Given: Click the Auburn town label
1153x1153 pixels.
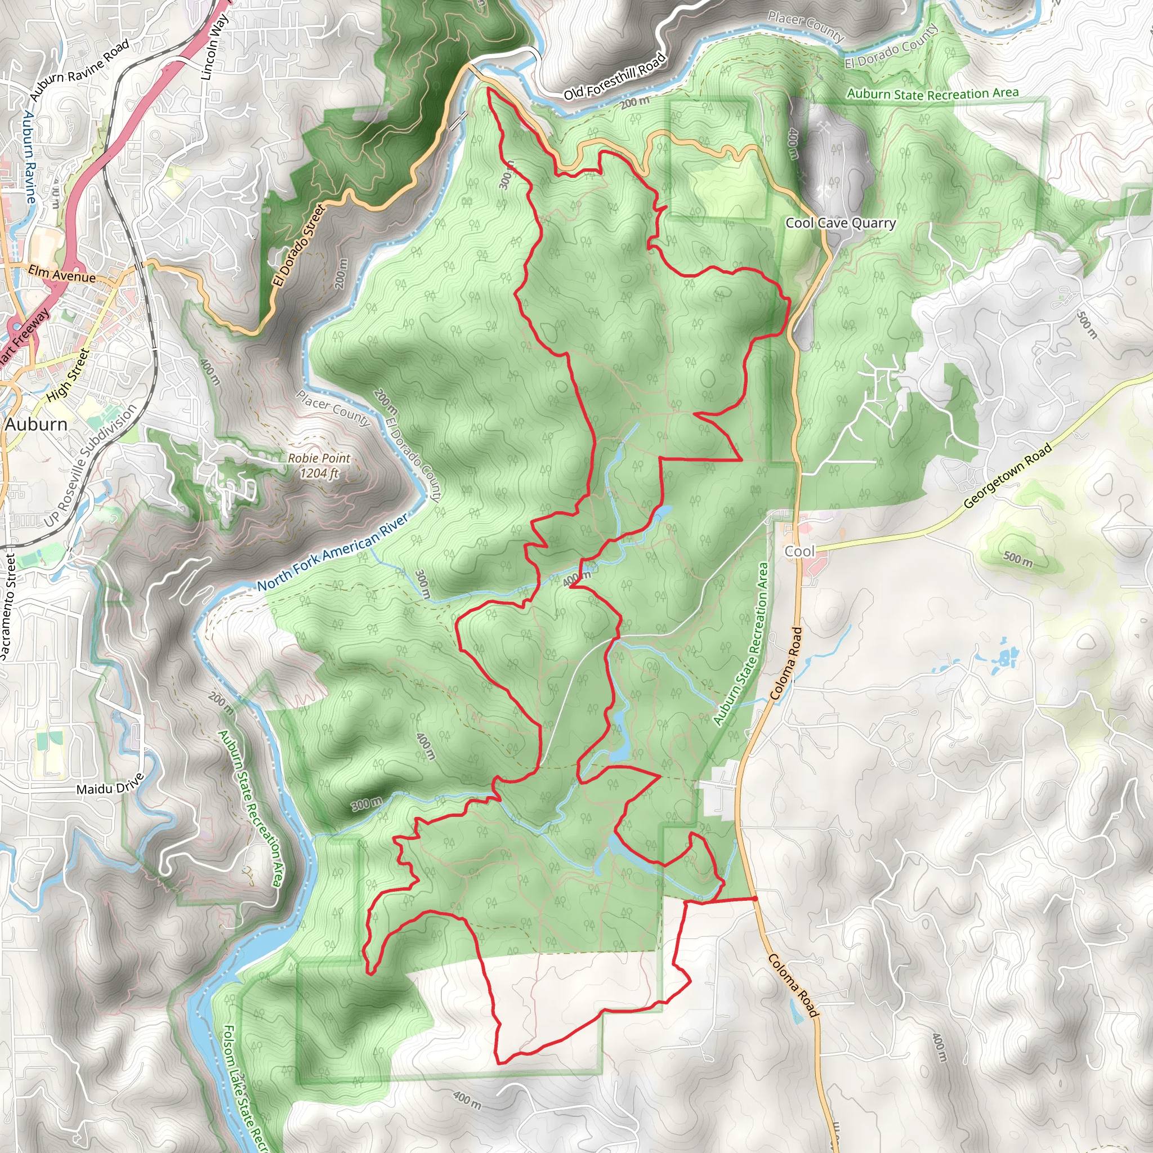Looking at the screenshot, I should point(36,424).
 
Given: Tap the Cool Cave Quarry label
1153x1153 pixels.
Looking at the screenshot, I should point(841,223).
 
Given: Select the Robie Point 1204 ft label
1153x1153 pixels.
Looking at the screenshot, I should point(319,466).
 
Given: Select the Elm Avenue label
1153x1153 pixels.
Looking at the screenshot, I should point(61,275).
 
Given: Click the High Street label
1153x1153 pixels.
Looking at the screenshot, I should point(68,375).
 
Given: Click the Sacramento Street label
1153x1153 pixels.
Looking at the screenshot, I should point(8,606).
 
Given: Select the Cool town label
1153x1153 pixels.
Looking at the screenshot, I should point(799,551).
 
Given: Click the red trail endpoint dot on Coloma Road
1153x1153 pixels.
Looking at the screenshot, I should point(755,898).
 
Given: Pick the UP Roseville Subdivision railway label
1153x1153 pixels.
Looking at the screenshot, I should point(91,466).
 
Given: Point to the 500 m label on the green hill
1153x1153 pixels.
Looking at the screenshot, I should point(1017,559).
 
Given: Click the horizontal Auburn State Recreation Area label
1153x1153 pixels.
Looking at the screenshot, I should point(932,93).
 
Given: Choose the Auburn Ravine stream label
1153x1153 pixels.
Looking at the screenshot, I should point(30,157).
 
